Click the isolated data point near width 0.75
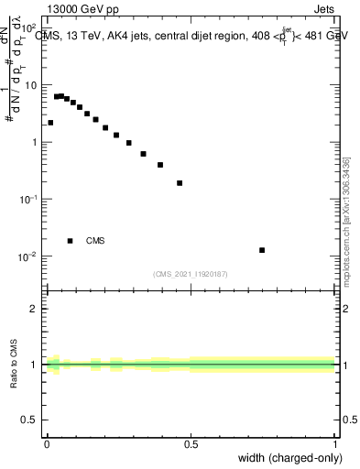262,250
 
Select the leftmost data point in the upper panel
50,123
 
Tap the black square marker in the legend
71,241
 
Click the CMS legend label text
95,241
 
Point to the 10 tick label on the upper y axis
30,85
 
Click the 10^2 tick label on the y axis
29,28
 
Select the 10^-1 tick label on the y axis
29,199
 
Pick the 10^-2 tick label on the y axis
29,256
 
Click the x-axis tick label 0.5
191,444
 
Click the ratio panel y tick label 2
36,309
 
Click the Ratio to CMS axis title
15,365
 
